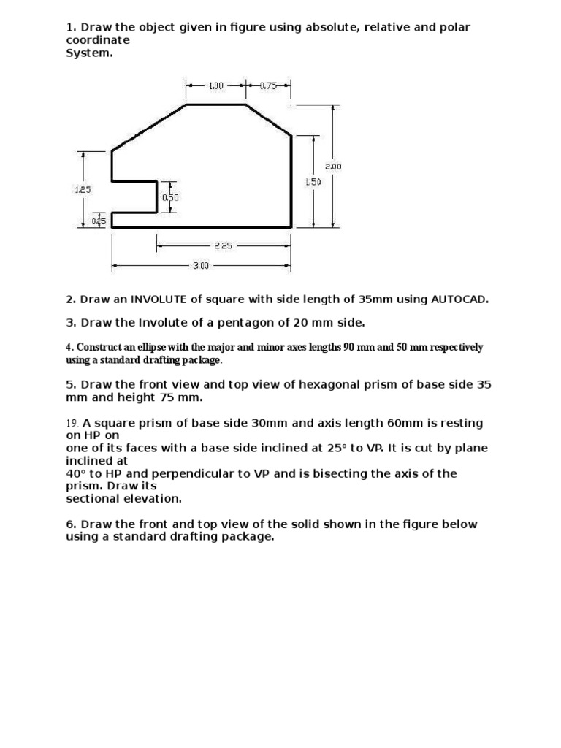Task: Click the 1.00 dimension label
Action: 216,85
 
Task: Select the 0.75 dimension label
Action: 269,85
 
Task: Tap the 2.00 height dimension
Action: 333,167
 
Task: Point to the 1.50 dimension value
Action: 313,182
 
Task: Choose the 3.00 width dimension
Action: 201,266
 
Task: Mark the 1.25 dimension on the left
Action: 83,189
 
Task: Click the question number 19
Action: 72,423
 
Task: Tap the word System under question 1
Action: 89,53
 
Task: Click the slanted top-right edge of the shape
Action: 270,120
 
